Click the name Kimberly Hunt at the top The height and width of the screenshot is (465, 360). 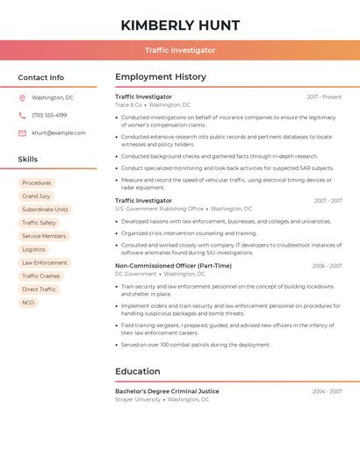coord(180,25)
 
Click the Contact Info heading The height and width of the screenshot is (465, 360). coord(41,77)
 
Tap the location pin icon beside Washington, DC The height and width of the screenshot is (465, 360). coord(22,97)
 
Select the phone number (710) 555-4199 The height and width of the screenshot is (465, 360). coord(49,115)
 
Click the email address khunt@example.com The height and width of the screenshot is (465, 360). coord(59,132)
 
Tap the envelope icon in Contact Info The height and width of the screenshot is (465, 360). coord(22,132)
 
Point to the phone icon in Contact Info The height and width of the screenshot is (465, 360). coord(22,115)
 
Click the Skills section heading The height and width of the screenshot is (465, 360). coord(28,160)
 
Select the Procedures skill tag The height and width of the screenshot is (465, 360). coord(37,183)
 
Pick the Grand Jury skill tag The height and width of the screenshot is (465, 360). coord(36,197)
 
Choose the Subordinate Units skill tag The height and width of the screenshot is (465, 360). coord(45,210)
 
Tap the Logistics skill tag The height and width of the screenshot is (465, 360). coord(33,250)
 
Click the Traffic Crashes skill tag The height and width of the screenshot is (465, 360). coord(41,276)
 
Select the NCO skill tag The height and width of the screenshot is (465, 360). coord(28,303)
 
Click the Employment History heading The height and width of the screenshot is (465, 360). coord(161,77)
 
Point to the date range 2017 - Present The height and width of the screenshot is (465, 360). coord(324,97)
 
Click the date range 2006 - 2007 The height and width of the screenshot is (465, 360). coord(327,266)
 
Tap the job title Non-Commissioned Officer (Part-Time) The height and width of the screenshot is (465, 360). coord(173,266)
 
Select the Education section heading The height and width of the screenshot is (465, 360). coord(138,371)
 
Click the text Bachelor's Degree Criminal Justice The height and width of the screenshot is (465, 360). coord(167,391)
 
